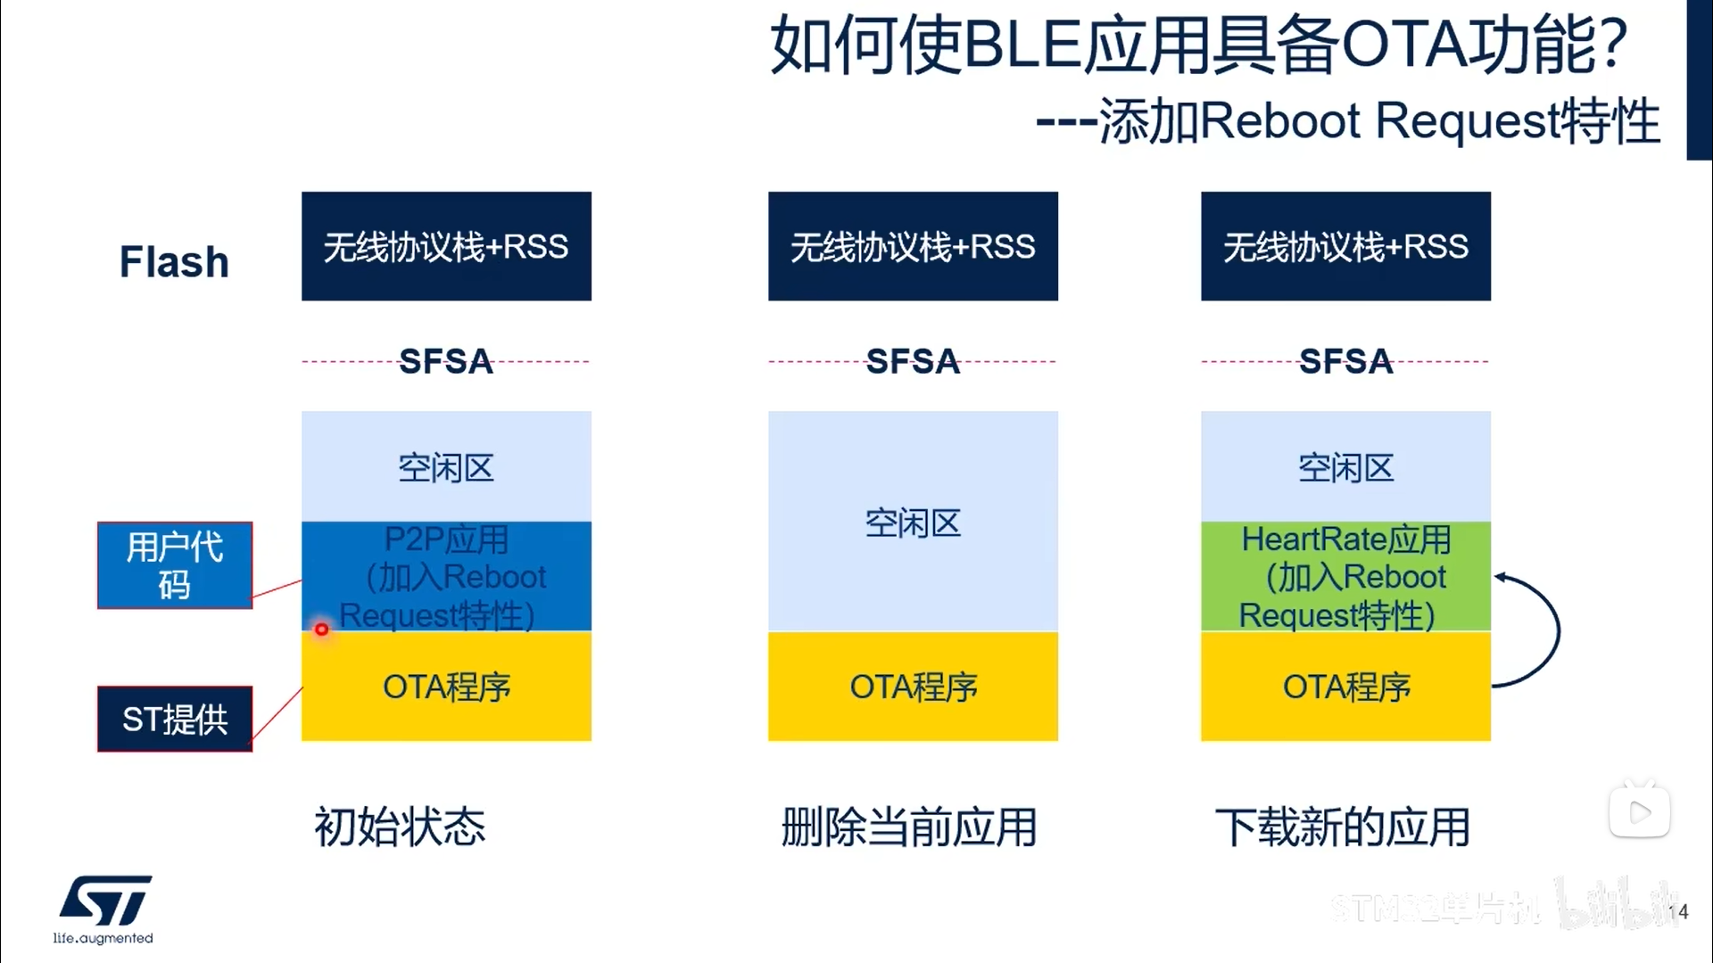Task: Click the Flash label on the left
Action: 174,262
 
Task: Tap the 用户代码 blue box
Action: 175,565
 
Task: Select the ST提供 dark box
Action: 175,719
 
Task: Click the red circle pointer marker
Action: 321,630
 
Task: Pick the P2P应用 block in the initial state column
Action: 446,576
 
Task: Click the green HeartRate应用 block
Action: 1345,576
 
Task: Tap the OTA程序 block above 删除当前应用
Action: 913,687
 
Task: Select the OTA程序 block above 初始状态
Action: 446,687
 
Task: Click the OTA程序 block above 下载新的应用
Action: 1345,687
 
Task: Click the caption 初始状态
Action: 400,827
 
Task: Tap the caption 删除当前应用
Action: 909,827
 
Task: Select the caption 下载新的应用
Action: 1343,827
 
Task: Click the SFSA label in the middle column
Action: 913,361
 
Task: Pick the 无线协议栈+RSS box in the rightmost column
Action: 1345,246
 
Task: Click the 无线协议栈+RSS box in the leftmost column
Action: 446,246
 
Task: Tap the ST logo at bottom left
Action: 105,902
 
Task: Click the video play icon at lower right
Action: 1640,811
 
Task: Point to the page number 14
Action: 1678,911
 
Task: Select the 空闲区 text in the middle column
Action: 913,523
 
